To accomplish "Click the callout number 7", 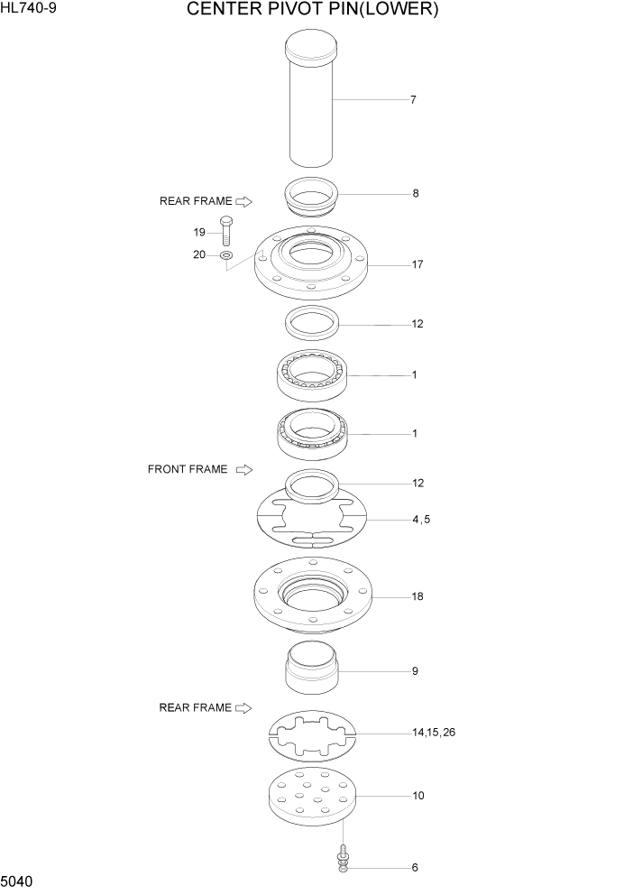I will coord(413,100).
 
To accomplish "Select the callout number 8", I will coord(415,193).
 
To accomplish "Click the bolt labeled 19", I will coord(225,232).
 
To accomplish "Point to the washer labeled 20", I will coord(225,256).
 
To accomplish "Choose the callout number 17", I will coord(417,265).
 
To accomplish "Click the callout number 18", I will coord(417,596).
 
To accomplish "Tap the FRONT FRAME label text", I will coord(188,469).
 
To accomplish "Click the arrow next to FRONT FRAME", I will coord(243,469).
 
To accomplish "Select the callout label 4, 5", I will coord(421,520).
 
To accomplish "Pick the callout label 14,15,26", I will coord(434,733).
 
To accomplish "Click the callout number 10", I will coord(417,796).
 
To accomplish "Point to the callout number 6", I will coord(415,868).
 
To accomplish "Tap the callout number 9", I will coord(415,671).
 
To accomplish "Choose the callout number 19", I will coord(199,232).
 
